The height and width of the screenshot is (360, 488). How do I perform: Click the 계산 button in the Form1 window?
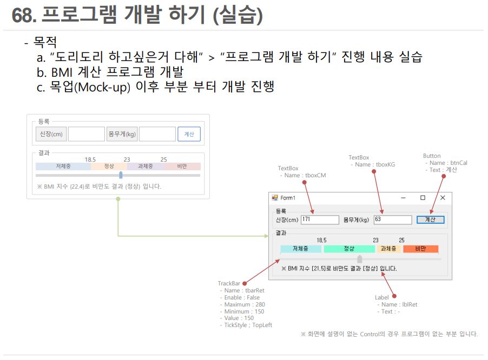click(431, 219)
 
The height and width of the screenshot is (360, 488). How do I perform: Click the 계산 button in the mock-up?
click(189, 134)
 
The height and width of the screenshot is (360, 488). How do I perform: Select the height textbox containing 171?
click(320, 219)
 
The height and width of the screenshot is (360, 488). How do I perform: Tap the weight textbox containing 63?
click(393, 219)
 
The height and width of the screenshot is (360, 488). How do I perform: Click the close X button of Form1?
click(443, 198)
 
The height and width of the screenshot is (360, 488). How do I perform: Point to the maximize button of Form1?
click(423, 198)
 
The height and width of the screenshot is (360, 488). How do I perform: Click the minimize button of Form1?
click(403, 198)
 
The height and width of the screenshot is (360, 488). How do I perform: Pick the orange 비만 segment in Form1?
click(420, 249)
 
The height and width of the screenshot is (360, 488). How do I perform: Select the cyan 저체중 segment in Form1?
click(300, 249)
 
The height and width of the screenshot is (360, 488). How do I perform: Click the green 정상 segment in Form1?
click(349, 249)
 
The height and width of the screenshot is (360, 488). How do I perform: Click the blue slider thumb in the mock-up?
click(121, 175)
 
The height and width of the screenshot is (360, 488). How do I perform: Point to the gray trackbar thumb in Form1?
click(360, 259)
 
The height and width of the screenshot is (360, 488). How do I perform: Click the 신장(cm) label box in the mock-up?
click(51, 134)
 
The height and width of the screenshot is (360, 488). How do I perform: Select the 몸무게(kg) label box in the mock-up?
click(122, 134)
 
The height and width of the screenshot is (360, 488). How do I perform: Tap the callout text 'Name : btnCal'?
click(447, 163)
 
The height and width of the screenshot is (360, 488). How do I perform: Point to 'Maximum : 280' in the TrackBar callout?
click(243, 304)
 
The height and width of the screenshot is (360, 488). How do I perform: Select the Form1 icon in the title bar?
click(275, 198)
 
